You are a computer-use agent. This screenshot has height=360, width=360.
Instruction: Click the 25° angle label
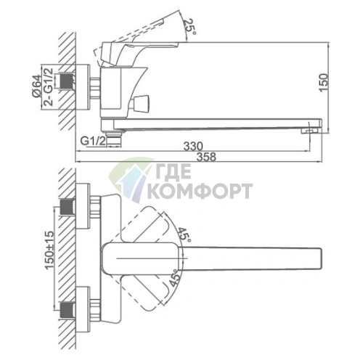click(189, 27)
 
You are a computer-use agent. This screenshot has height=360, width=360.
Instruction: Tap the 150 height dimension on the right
click(324, 83)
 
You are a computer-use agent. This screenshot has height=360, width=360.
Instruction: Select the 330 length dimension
click(193, 146)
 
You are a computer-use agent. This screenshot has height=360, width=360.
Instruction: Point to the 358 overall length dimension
click(206, 157)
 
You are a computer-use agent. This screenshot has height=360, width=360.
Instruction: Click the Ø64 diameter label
click(36, 86)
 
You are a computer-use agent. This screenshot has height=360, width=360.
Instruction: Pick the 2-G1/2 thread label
click(48, 87)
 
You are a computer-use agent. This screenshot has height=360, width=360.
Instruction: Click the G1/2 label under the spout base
click(93, 141)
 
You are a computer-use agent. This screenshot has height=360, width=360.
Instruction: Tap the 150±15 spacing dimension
click(49, 250)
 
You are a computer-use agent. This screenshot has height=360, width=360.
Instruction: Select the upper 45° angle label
click(184, 235)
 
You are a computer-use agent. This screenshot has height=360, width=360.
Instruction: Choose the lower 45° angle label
click(175, 277)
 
